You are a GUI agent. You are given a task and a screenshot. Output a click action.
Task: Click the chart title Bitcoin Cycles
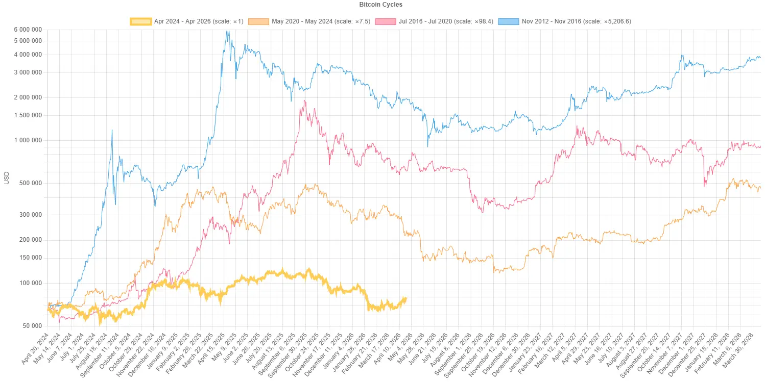tap(380, 5)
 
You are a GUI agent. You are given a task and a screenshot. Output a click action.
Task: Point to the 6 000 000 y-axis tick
tap(28, 30)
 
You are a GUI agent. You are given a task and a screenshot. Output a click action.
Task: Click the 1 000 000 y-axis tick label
tap(28, 140)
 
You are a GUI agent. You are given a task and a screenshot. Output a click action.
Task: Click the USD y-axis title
tap(7, 178)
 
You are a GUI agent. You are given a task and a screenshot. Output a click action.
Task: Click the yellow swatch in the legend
tap(141, 21)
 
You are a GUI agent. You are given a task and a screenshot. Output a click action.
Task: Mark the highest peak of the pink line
tap(305, 100)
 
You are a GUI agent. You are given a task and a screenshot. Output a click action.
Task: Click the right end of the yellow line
tap(407, 299)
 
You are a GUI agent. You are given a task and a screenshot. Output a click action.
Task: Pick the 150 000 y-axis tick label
tap(30, 258)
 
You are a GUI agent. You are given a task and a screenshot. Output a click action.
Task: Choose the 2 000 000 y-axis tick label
tap(28, 97)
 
